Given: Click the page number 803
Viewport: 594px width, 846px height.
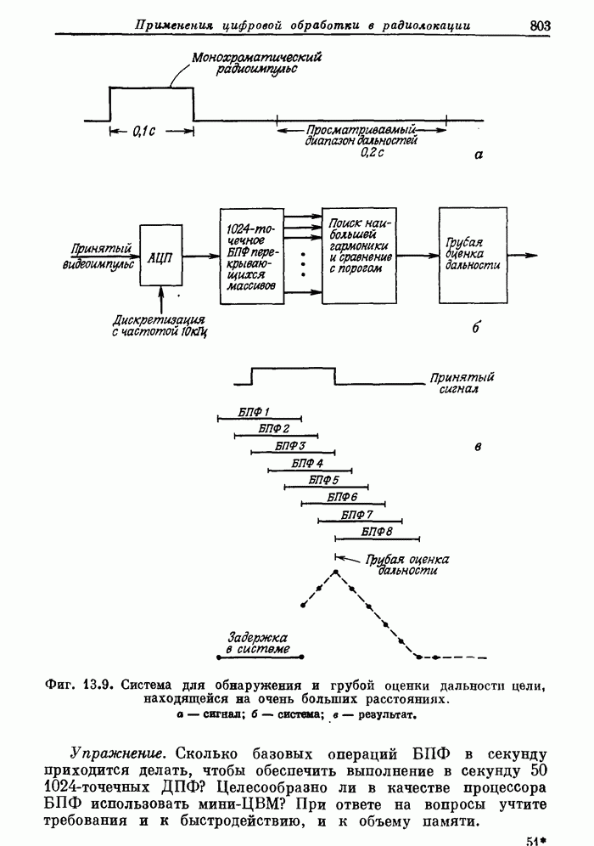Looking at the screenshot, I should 540,25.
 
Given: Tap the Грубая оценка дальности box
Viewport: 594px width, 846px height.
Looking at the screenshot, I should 473,253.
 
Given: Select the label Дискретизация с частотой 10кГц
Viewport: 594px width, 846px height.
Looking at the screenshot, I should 160,325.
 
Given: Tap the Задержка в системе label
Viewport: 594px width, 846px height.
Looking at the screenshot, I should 258,643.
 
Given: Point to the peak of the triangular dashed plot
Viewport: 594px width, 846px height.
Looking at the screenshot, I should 336,572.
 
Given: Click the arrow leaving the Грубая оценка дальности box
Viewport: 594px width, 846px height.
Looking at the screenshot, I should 523,253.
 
